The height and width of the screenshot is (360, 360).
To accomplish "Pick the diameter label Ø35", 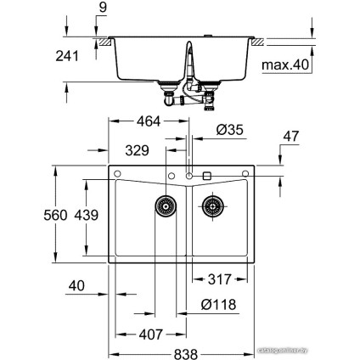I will tap(231, 130).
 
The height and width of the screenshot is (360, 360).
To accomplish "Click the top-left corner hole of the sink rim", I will tap(117, 176).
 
